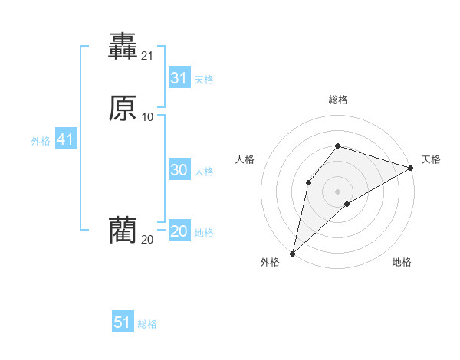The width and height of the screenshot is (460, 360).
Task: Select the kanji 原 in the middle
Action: [123, 109]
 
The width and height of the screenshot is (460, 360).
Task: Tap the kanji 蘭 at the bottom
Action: [123, 231]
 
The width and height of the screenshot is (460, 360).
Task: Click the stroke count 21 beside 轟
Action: [147, 55]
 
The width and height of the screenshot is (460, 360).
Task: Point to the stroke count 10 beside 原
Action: [147, 116]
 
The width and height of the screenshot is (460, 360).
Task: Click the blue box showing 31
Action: [179, 78]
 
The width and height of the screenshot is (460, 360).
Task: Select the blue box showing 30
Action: [179, 170]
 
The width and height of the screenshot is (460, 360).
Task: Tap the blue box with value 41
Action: [65, 140]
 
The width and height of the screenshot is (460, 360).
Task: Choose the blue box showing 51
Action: [123, 322]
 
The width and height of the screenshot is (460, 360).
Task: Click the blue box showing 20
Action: [179, 231]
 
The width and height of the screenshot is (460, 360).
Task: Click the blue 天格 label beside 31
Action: [204, 80]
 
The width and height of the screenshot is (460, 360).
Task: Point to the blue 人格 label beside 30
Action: [205, 172]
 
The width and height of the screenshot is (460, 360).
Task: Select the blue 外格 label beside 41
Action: [41, 141]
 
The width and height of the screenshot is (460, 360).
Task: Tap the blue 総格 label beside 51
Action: [147, 324]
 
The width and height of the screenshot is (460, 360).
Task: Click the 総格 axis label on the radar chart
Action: [338, 100]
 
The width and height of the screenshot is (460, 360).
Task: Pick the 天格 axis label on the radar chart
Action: [431, 159]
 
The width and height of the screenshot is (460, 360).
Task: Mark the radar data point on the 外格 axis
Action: [292, 253]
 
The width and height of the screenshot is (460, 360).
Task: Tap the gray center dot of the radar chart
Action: [338, 190]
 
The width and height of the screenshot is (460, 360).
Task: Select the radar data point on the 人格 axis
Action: [308, 182]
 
